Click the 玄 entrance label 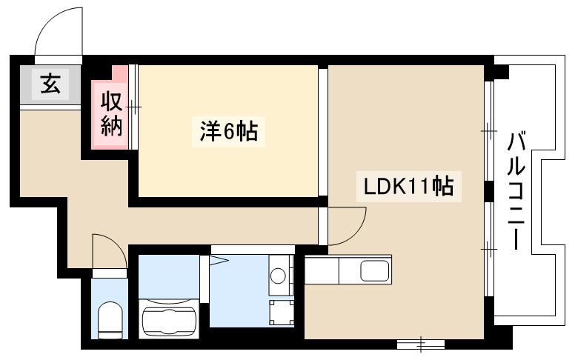pos(50,84)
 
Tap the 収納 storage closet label pos(111,113)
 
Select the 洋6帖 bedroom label pos(228,132)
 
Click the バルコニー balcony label pos(516,190)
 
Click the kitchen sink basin pos(375,271)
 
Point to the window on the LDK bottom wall pos(420,343)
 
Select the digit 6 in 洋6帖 pos(228,133)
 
